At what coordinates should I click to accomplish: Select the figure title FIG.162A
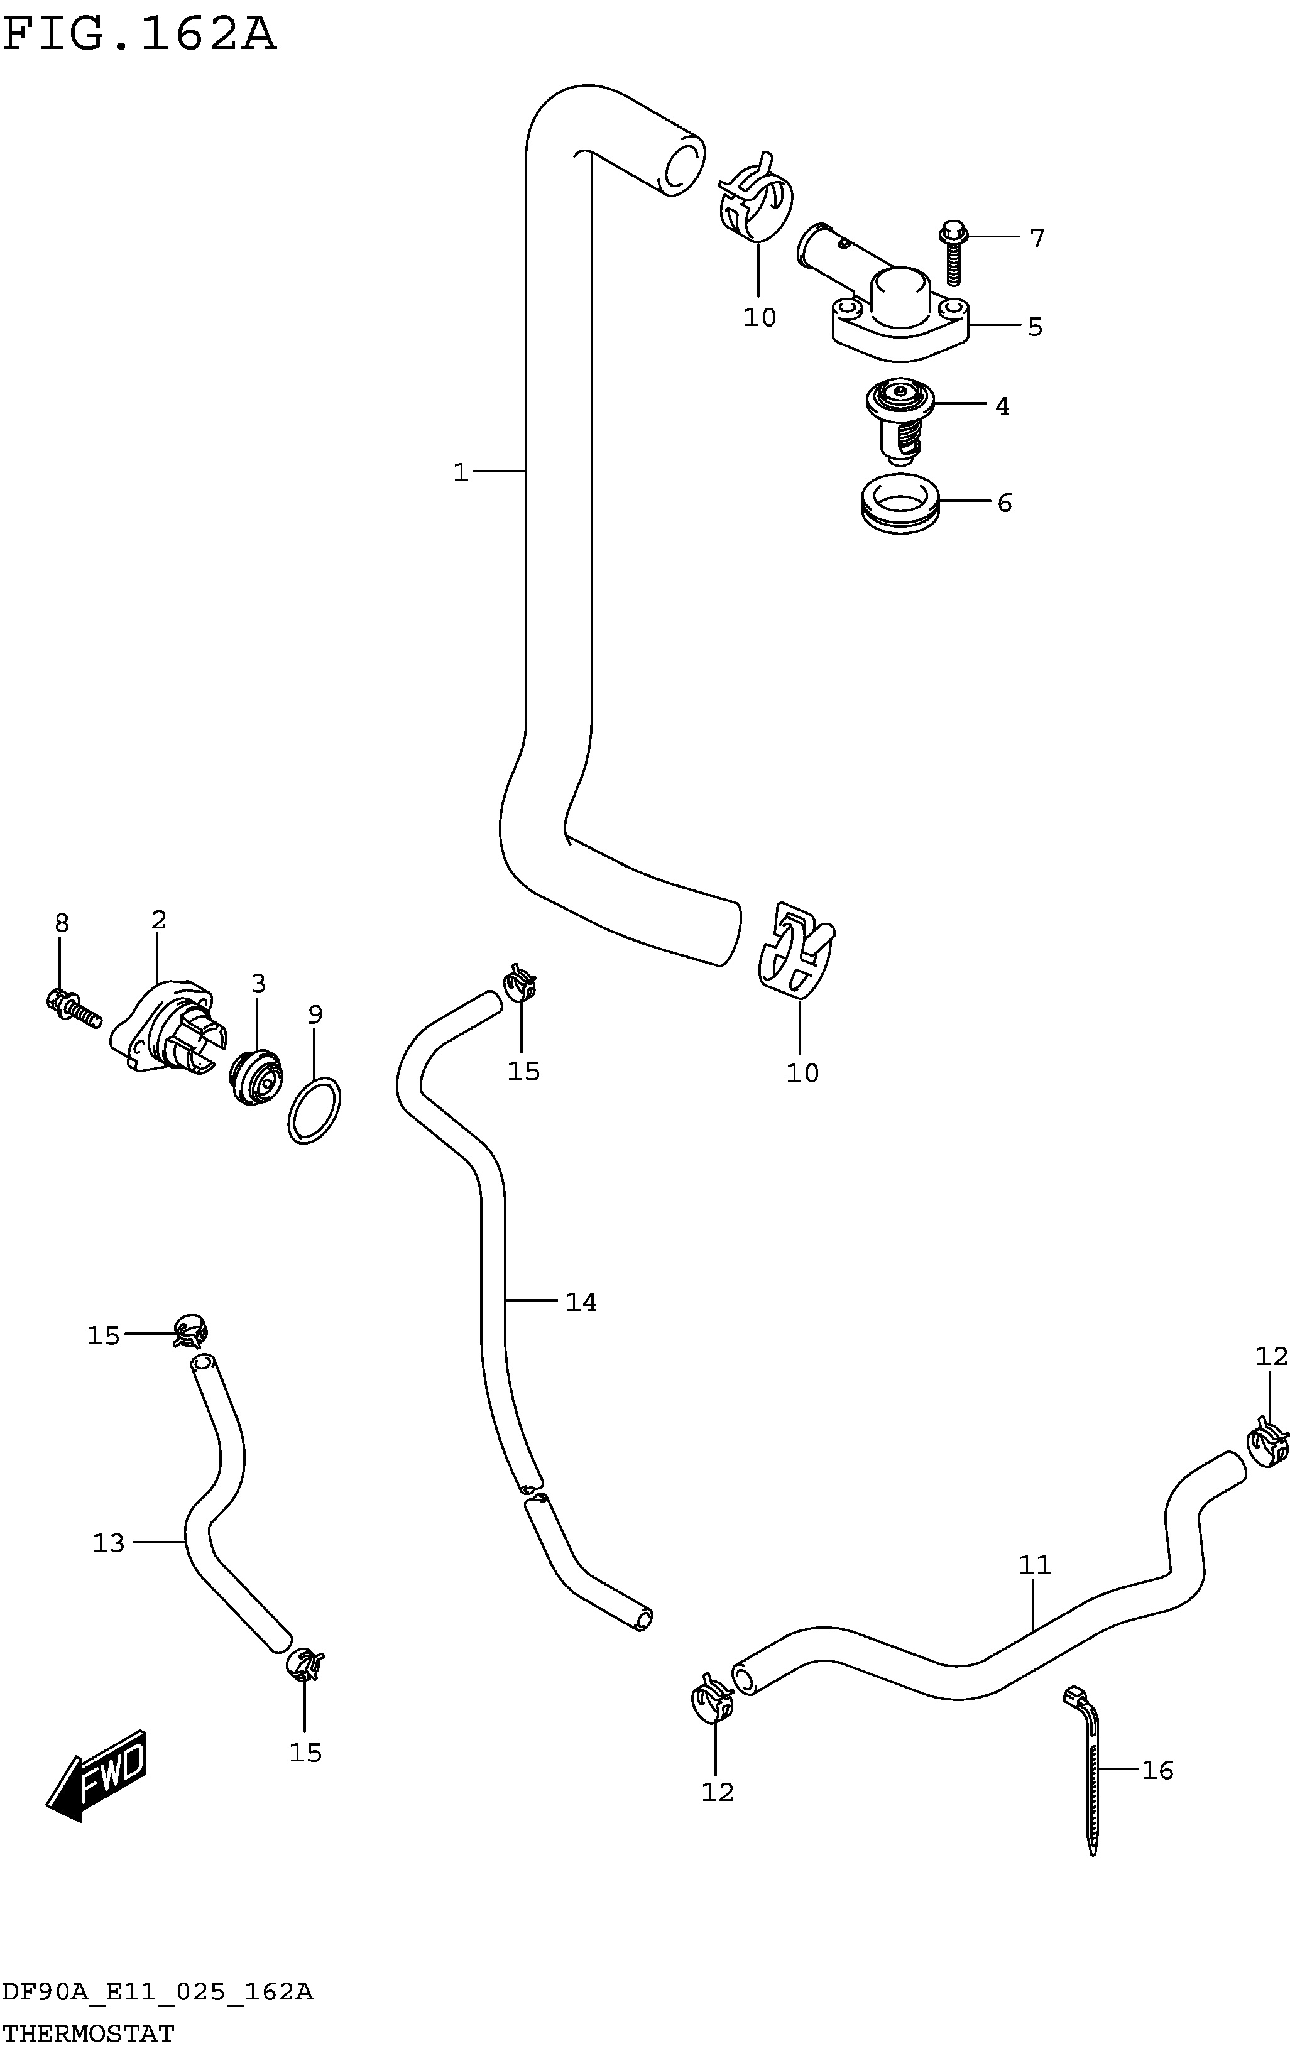(x=141, y=35)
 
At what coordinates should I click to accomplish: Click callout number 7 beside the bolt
(x=1037, y=238)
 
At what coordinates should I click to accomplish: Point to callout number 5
(x=1035, y=327)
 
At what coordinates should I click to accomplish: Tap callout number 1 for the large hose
(x=461, y=472)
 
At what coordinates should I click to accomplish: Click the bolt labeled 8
(x=72, y=1007)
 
